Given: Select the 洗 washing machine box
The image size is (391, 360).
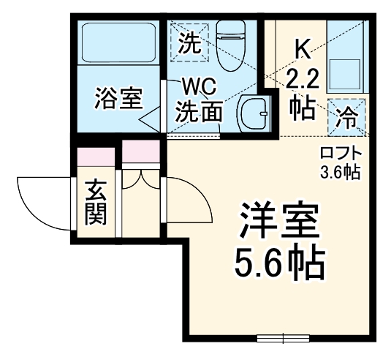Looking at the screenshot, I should pyautogui.click(x=189, y=42).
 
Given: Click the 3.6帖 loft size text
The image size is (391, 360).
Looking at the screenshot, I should pyautogui.click(x=341, y=173).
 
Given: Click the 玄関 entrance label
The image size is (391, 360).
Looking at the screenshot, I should pyautogui.click(x=96, y=201).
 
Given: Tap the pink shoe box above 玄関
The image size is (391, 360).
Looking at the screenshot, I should pyautogui.click(x=96, y=158).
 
